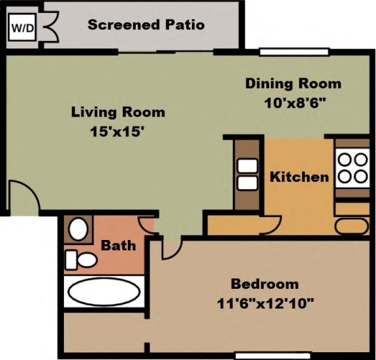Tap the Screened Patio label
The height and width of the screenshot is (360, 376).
coord(146,25)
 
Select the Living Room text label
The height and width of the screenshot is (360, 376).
coord(117,112)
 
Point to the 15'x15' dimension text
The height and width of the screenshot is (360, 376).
coord(117,130)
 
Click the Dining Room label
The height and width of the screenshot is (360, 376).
coord(293,83)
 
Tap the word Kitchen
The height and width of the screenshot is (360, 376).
coord(299,177)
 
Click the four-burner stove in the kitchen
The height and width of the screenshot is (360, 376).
coord(352,167)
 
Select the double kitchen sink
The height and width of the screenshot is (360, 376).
coord(247,175)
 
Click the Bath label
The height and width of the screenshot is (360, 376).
coord(118,245)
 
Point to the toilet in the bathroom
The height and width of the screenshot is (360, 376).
coord(80,259)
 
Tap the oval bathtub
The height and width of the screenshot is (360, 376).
coord(103,292)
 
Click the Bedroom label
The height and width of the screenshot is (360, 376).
coord(264,284)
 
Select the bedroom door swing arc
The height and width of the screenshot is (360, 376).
coord(170,248)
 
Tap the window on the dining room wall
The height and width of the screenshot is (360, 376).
coord(284,52)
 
